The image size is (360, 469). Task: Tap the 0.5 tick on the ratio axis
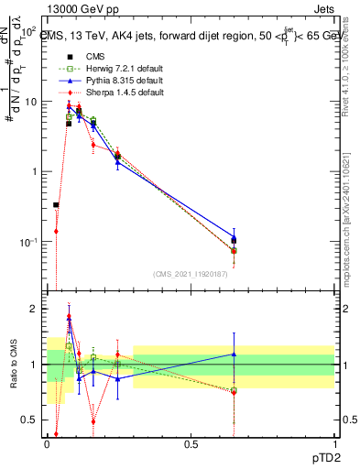[29, 420]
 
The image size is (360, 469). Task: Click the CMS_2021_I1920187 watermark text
[191, 274]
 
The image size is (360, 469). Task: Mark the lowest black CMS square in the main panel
[56, 205]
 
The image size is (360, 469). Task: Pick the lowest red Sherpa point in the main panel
[56, 232]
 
